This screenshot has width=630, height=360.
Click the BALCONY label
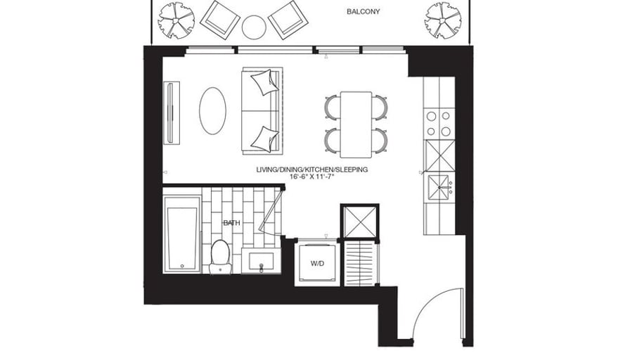click(x=364, y=12)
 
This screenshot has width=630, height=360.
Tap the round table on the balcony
click(x=254, y=27)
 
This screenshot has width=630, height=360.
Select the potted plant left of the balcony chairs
click(x=176, y=20)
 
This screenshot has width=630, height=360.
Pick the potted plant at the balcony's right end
click(x=443, y=20)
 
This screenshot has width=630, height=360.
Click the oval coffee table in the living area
click(x=212, y=111)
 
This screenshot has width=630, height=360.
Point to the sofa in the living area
click(x=262, y=110)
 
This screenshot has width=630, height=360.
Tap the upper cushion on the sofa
click(x=265, y=82)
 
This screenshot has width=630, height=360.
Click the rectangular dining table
click(x=356, y=124)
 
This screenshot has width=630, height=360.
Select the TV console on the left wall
click(x=172, y=112)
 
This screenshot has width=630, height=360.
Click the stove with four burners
click(x=439, y=124)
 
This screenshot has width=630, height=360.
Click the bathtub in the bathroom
click(x=182, y=235)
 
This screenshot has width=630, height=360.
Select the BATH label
click(x=232, y=223)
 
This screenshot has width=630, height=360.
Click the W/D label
click(x=317, y=264)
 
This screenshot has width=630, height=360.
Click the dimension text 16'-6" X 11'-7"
click(x=311, y=176)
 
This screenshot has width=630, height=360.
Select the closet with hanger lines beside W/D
click(x=361, y=264)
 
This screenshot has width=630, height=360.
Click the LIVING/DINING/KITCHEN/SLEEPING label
click(x=311, y=169)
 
